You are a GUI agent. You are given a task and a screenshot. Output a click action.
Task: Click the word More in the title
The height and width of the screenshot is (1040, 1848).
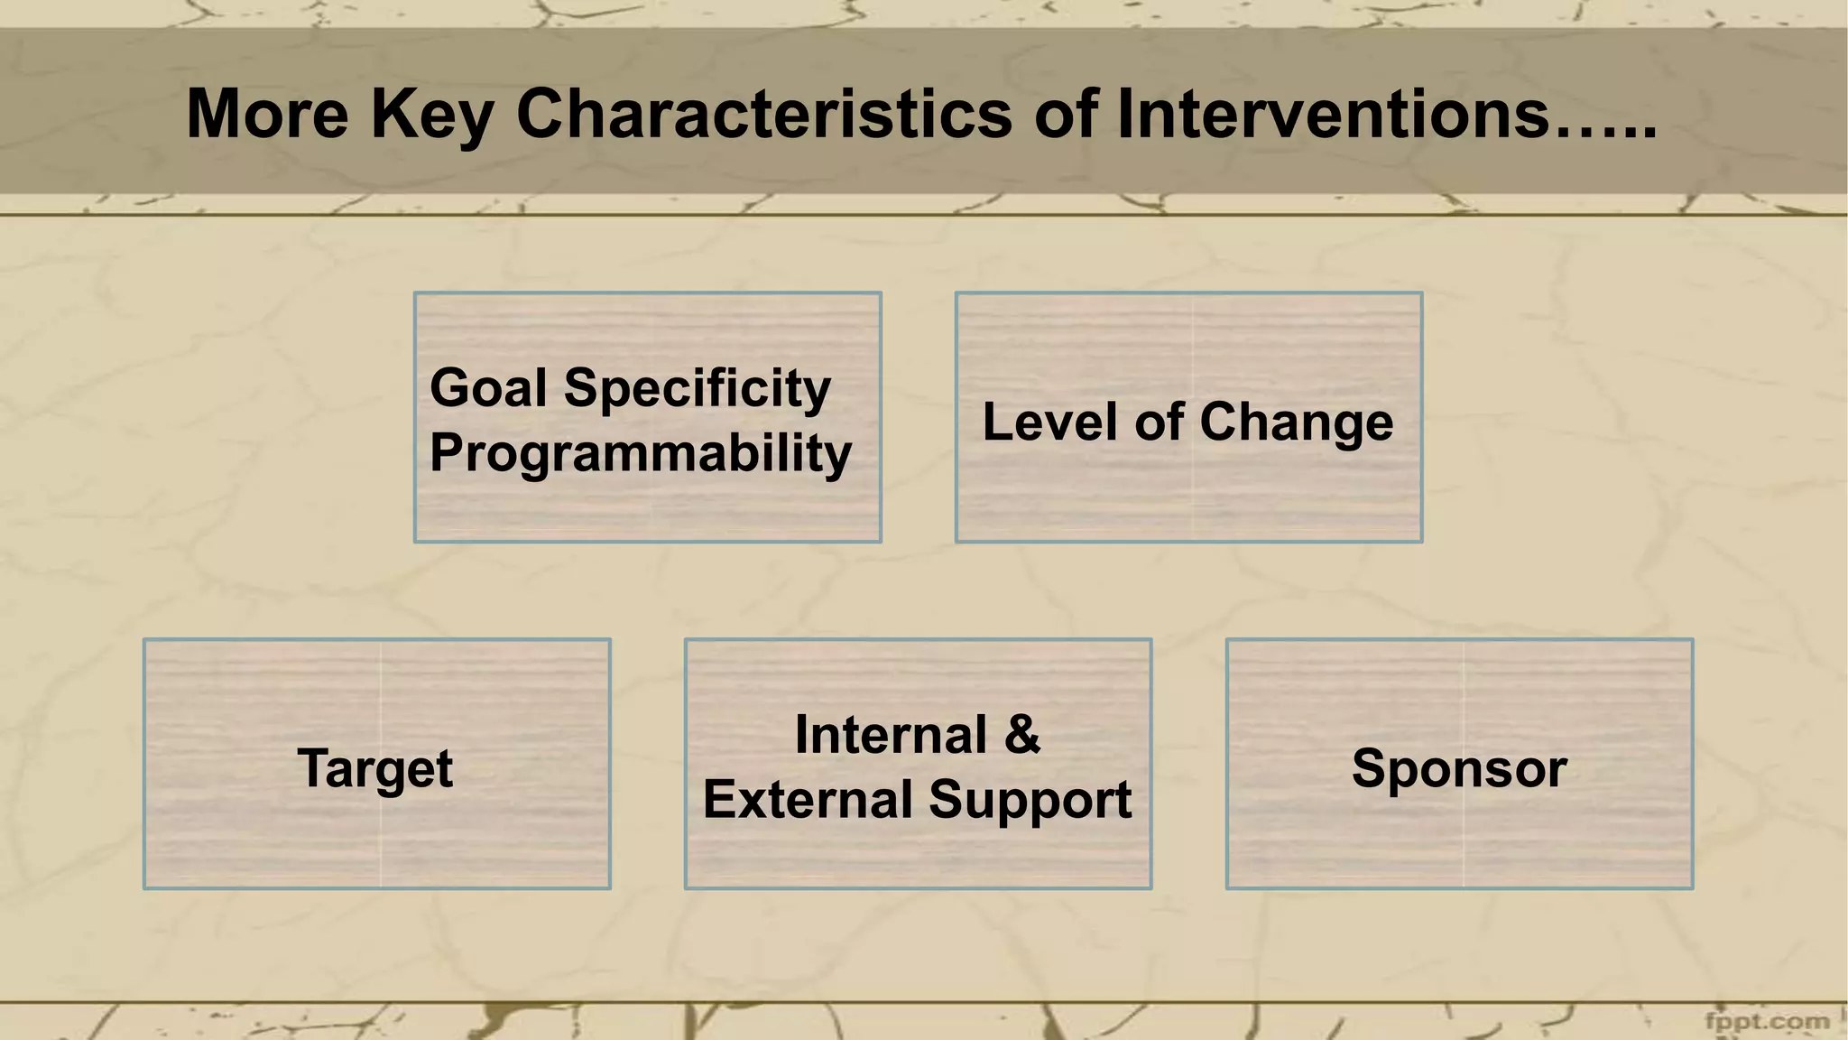[267, 115]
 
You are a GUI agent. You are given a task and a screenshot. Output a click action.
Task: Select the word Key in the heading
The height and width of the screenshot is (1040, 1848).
[431, 115]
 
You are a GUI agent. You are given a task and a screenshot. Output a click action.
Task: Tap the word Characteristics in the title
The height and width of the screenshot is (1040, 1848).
[763, 115]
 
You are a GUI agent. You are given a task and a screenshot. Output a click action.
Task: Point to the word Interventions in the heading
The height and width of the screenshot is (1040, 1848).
[1333, 115]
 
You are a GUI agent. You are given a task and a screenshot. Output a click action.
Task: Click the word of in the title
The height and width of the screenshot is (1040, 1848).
[1065, 115]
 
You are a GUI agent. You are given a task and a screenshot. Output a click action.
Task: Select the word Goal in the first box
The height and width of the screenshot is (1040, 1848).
[488, 388]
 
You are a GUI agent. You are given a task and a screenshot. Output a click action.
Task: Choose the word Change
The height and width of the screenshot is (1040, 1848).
[1296, 422]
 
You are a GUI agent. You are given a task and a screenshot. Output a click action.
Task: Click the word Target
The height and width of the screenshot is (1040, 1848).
[374, 769]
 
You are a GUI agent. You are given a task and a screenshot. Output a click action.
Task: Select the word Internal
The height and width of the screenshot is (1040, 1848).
[890, 735]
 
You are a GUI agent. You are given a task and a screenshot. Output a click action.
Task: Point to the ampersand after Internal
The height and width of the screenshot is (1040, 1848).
[1021, 735]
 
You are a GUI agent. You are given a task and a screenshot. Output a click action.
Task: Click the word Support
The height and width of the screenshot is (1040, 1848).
[1030, 801]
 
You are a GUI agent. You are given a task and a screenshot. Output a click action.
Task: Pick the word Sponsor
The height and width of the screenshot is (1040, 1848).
[1459, 769]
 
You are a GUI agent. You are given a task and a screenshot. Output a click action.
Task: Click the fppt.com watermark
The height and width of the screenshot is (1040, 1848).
[1767, 1022]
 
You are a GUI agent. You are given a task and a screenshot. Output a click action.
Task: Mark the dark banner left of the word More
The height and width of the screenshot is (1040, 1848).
[90, 113]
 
